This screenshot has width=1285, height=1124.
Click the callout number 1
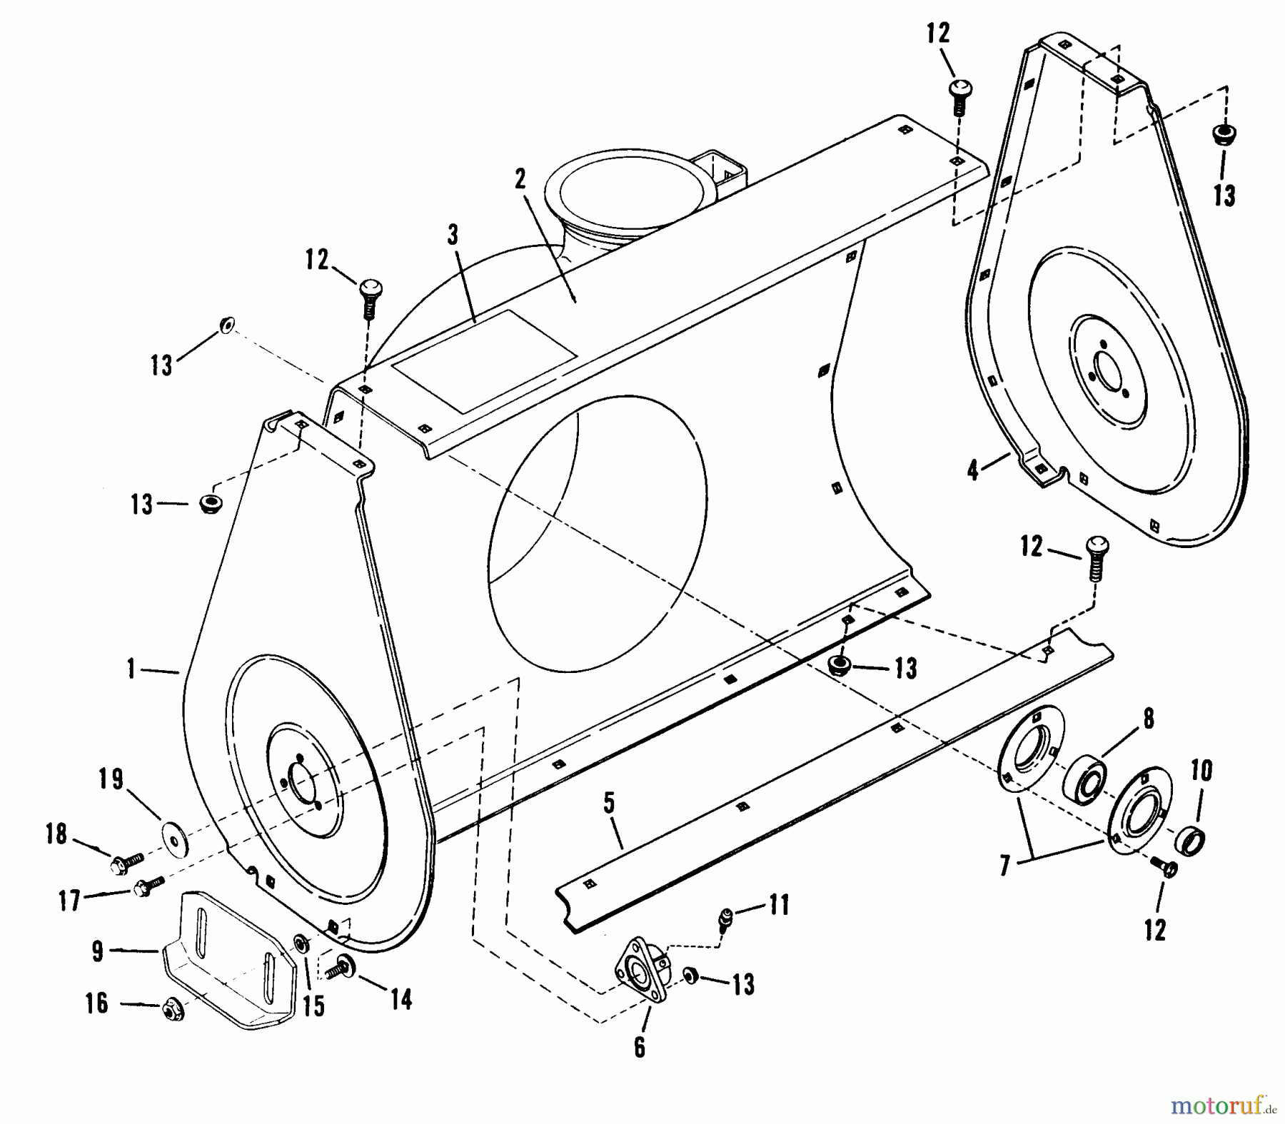click(x=131, y=669)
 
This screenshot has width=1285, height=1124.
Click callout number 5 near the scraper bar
click(x=608, y=802)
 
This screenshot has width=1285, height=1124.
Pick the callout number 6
click(x=639, y=1047)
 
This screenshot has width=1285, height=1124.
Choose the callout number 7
click(x=1004, y=865)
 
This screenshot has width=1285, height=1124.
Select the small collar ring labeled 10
click(x=1191, y=841)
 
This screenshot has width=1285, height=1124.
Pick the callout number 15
click(x=313, y=1005)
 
